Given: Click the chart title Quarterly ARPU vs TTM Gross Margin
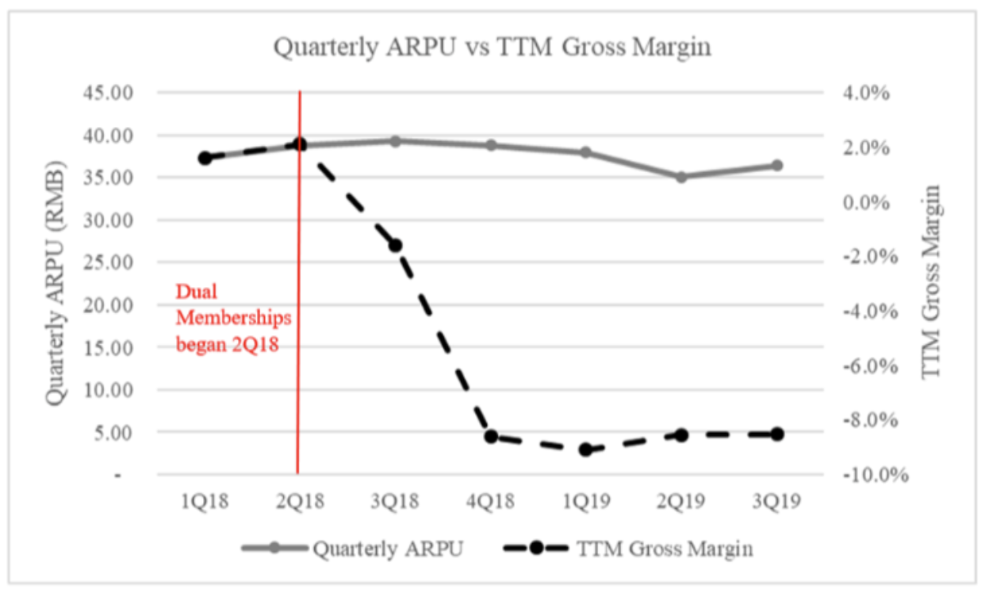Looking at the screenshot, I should (492, 48).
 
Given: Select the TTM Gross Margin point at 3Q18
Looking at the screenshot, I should (395, 245).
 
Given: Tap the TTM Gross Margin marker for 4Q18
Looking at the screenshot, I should (491, 436).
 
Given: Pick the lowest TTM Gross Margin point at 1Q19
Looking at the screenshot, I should (586, 450).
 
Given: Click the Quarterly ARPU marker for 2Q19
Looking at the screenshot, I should (681, 177).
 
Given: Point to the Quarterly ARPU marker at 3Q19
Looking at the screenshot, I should (777, 166).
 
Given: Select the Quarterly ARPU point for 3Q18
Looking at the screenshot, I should (395, 141).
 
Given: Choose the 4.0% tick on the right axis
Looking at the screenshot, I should (867, 93).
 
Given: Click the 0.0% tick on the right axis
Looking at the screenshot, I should (867, 202).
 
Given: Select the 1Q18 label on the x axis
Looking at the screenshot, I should (204, 501).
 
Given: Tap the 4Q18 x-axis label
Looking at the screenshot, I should (491, 501).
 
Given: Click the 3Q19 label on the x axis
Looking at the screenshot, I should (777, 501).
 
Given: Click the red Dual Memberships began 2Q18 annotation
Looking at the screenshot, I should (232, 318).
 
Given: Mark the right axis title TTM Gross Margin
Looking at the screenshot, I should (934, 281).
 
